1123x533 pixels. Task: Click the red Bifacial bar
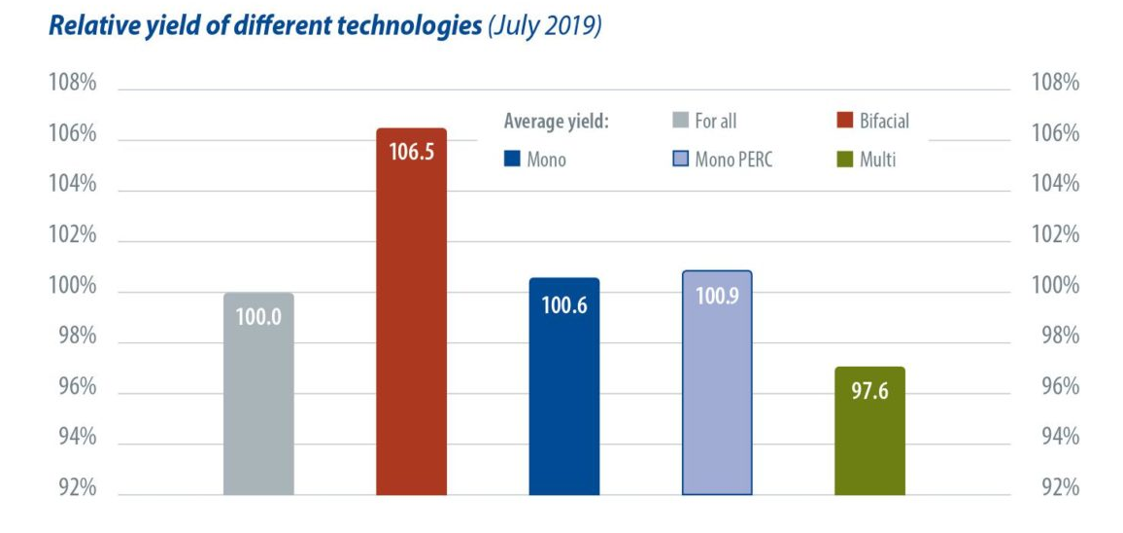pos(411,321)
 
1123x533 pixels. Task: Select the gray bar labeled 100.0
pos(258,399)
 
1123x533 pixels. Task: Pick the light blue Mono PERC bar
pos(717,389)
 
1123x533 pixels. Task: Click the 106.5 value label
pos(411,153)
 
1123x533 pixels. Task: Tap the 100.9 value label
pos(717,296)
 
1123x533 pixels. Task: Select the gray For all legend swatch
pos(680,122)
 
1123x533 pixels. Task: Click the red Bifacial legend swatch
pos(844,122)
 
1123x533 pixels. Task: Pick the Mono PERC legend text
pos(735,160)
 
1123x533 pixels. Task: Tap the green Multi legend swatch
pos(844,160)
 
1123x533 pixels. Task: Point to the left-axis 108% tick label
pos(73,84)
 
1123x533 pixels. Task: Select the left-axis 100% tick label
pos(73,287)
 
